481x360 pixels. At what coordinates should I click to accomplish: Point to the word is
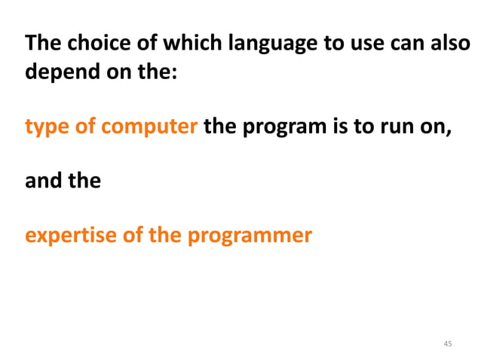click(339, 127)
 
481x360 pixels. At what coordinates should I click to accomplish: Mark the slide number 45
click(448, 343)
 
